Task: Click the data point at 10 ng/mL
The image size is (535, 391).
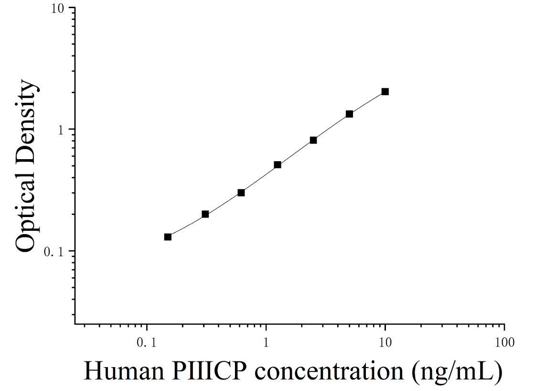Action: click(x=385, y=91)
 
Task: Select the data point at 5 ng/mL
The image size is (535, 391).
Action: click(x=349, y=114)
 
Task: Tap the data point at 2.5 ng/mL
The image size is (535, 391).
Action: click(x=313, y=140)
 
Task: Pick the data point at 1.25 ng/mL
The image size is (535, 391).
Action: click(x=278, y=165)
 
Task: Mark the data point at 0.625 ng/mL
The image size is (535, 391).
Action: click(x=241, y=193)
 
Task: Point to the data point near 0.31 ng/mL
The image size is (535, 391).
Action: click(x=205, y=214)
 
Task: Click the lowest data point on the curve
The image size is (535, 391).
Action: click(x=168, y=237)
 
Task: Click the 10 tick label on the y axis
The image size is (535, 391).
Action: click(x=58, y=9)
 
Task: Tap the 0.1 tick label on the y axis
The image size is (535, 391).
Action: click(x=54, y=252)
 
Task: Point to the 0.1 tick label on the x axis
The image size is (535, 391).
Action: click(x=147, y=342)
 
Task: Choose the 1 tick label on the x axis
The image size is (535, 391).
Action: click(x=266, y=342)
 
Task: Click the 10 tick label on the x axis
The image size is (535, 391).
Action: click(x=385, y=342)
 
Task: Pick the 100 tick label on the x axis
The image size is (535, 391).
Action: click(x=504, y=342)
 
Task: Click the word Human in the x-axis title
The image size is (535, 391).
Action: click(x=124, y=371)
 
